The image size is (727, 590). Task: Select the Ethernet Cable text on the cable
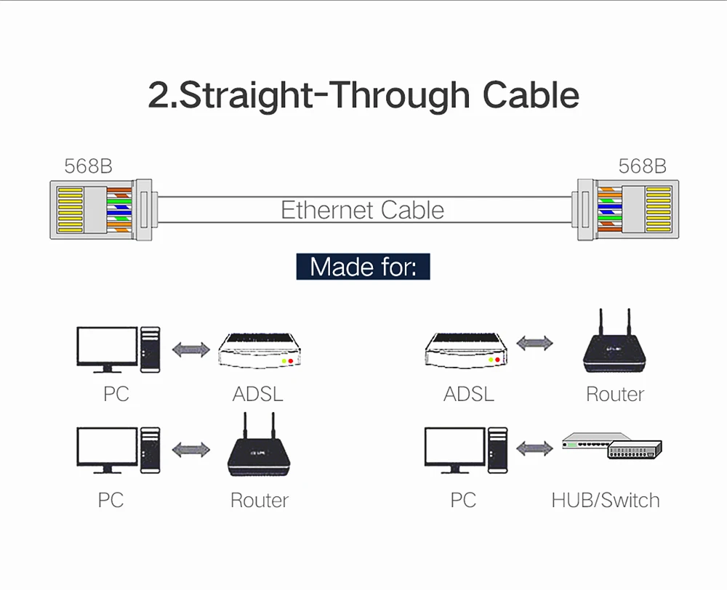pos(362,210)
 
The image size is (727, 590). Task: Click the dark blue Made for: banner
pos(363,266)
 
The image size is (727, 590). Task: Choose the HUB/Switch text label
pos(606,500)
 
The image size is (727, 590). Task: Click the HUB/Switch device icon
pos(614,449)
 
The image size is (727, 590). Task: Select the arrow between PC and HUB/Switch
pos(535,448)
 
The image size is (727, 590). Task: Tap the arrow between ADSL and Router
pos(535,343)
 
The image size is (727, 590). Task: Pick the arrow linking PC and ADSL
pos(190,349)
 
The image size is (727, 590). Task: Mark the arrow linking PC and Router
pos(190,450)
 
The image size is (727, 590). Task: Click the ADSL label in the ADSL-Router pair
pos(469,395)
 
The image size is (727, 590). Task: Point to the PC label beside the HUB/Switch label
pos(463,500)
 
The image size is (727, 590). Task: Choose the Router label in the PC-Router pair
pos(260,500)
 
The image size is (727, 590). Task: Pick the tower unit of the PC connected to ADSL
pos(150,349)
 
